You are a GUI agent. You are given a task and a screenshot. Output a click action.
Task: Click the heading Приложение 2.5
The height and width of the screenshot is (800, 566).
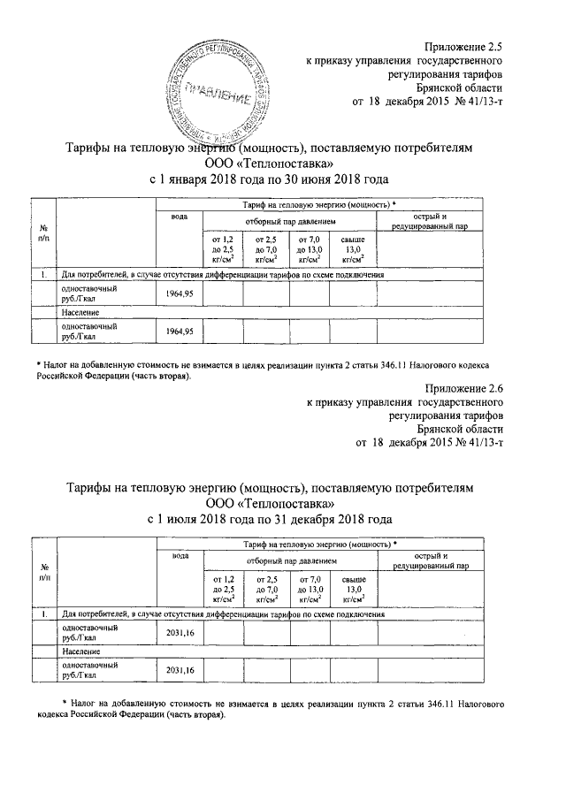click(463, 43)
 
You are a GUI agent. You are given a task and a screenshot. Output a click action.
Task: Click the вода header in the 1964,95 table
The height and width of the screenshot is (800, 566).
click(180, 217)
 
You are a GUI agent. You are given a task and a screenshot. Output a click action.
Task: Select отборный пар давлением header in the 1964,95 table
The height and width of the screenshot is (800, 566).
click(291, 217)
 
